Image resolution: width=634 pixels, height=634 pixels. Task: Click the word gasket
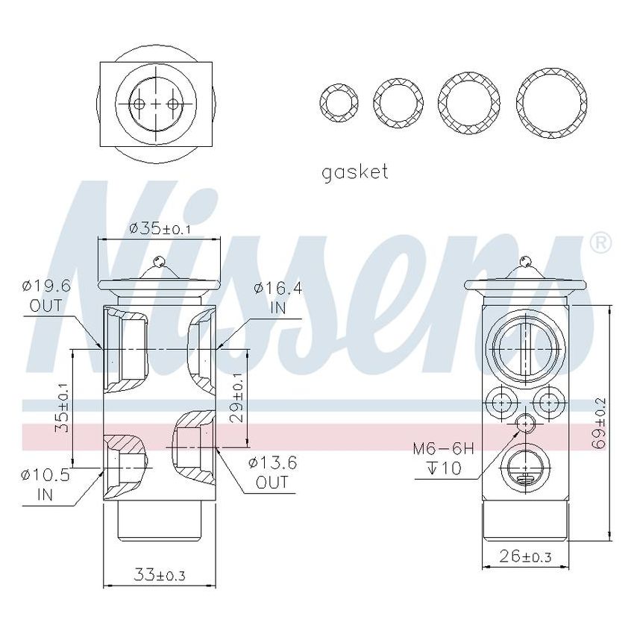point(354,172)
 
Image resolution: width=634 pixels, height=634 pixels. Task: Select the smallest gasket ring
point(338,101)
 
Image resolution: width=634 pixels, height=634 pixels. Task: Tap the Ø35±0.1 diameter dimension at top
point(160,229)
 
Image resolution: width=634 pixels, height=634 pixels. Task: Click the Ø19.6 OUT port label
point(45,295)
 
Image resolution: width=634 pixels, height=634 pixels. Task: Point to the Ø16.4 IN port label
point(277,296)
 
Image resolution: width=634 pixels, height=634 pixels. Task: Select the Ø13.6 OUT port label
point(272,472)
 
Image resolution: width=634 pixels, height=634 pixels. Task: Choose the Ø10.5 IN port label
point(45,483)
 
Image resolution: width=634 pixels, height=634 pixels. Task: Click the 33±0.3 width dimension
point(159,574)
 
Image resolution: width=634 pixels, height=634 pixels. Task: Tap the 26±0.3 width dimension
point(525,556)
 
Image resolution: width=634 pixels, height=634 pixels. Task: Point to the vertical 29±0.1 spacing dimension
point(238,398)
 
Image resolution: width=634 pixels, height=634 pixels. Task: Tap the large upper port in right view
point(526,348)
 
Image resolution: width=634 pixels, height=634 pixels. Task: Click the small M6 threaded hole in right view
point(526,424)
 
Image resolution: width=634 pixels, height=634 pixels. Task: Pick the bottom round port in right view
point(526,470)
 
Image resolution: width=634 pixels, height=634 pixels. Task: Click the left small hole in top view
point(139,104)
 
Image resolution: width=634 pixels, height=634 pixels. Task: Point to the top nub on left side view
point(158,261)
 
